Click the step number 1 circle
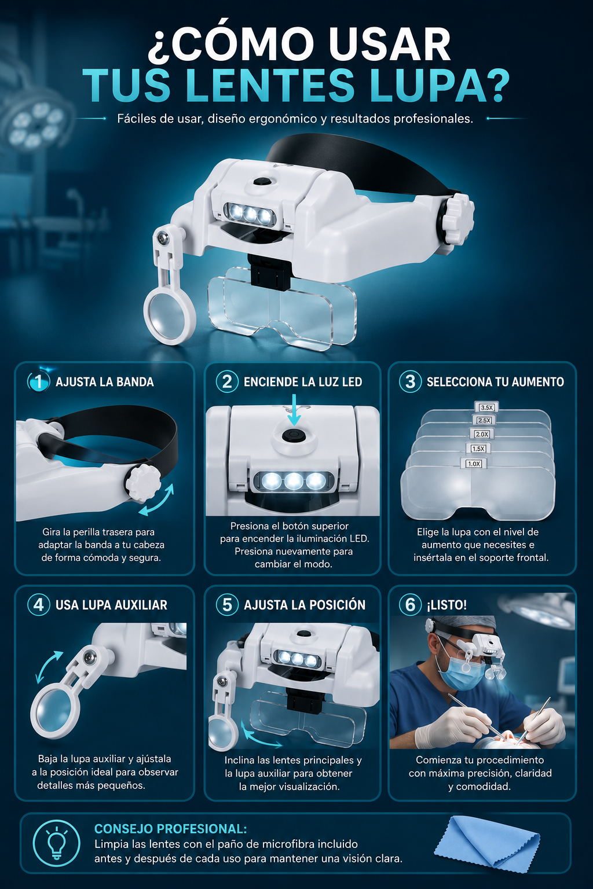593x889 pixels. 39,381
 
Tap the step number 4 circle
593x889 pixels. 39,605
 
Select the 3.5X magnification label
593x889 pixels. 486,407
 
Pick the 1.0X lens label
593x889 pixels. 474,464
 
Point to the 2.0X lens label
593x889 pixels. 482,434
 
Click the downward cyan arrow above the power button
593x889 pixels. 294,410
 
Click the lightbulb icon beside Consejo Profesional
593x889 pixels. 56,844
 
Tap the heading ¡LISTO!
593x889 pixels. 447,605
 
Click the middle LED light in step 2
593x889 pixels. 294,482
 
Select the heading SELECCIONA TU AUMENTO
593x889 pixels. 495,382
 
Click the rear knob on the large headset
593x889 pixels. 457,219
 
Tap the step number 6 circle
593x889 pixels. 411,605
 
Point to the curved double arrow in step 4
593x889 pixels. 47,666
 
